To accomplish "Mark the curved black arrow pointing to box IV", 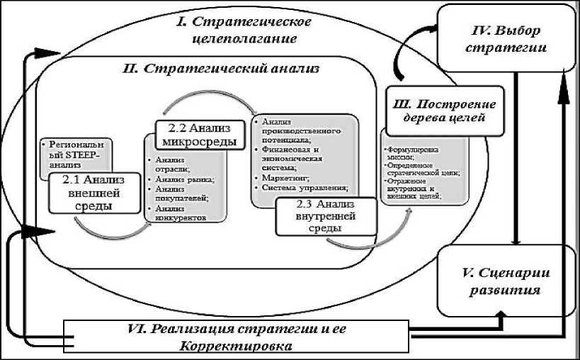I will coord(409,53).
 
